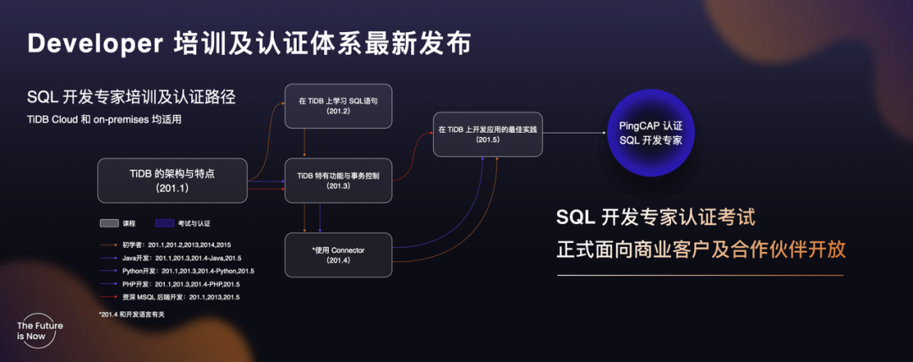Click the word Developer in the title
click(x=93, y=44)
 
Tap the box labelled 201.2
click(x=338, y=107)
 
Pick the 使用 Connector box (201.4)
click(x=338, y=255)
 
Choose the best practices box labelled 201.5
click(x=488, y=134)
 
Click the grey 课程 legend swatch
click(x=108, y=223)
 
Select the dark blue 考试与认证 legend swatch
click(x=162, y=223)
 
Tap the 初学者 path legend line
click(x=109, y=244)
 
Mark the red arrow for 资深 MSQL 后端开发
click(x=109, y=298)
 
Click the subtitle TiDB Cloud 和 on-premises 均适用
click(x=104, y=119)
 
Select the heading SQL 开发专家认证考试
click(x=655, y=218)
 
